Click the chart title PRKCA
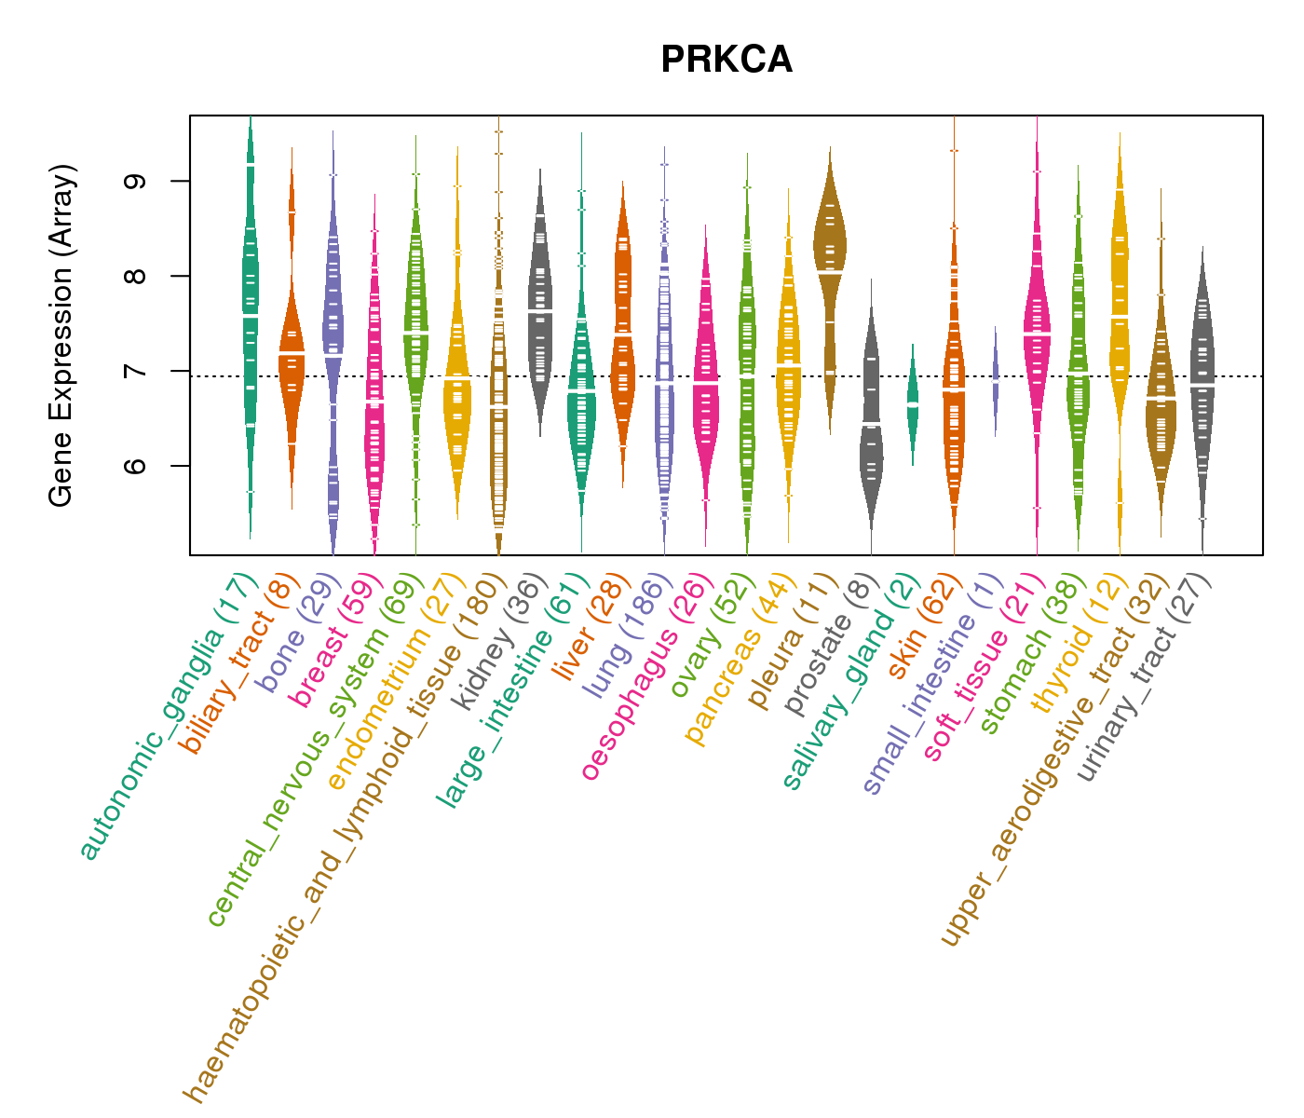pyautogui.click(x=727, y=61)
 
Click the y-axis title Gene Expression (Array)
pyautogui.click(x=61, y=335)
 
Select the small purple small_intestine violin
pyautogui.click(x=995, y=380)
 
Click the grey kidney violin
pyautogui.click(x=540, y=307)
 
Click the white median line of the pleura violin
pyautogui.click(x=829, y=271)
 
